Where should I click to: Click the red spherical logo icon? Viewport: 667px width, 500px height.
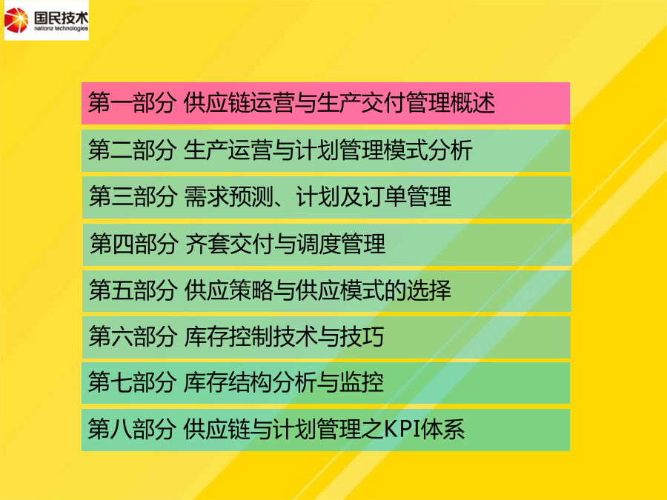pos(16,20)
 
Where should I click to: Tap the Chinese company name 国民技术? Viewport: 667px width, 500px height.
pos(61,17)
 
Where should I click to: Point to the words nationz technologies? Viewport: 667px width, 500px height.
pos(61,28)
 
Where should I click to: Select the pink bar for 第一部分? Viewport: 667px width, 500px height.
pos(325,103)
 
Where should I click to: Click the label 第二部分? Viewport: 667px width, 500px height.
pos(132,150)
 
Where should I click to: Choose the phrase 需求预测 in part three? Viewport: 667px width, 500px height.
pos(228,197)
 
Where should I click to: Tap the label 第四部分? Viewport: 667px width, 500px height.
pos(133,244)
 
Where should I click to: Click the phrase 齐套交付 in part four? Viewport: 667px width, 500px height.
pos(229,244)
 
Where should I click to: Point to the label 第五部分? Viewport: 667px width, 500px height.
pos(133,290)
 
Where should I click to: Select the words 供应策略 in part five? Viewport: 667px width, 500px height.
pos(228,290)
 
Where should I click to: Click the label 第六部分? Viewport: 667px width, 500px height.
pos(133,337)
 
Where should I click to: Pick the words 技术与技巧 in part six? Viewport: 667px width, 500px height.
pos(328,337)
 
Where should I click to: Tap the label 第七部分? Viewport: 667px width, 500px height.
pos(132,382)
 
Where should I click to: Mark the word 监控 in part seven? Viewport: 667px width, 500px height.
pos(362,382)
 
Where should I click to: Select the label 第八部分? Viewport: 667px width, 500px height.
pos(132,429)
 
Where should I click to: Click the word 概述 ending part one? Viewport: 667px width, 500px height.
pos(473,103)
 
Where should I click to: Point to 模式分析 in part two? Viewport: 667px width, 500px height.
pos(428,150)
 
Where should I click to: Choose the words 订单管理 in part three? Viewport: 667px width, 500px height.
pos(407,197)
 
